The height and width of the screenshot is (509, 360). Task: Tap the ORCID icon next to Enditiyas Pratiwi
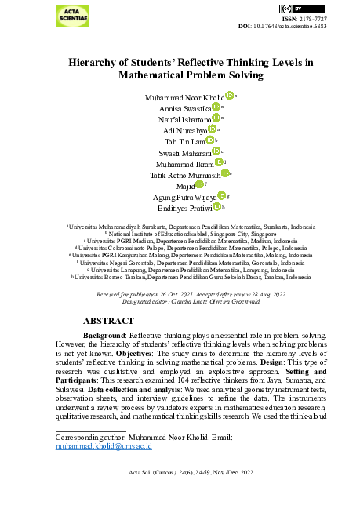216,208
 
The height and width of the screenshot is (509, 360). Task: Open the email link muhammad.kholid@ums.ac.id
103,445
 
